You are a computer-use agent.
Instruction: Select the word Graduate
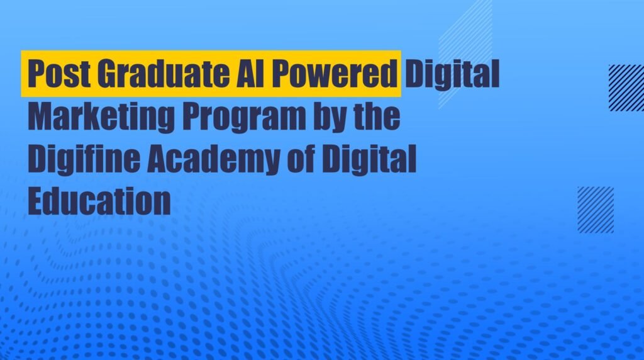coord(164,74)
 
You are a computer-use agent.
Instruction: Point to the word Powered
coord(333,74)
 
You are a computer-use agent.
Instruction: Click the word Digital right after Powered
coord(452,75)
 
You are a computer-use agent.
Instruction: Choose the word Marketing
coord(101,118)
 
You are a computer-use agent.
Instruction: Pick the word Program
coord(245,118)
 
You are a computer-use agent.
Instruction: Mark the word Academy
coord(213,159)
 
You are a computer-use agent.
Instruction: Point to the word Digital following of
coord(369,159)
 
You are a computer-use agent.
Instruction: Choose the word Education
coord(99,201)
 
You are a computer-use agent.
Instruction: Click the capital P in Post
coord(35,74)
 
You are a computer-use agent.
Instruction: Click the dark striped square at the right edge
coord(626,87)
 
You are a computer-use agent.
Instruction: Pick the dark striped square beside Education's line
coord(596,210)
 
